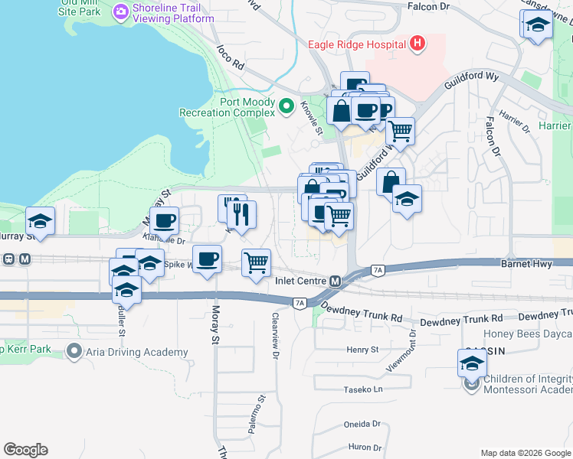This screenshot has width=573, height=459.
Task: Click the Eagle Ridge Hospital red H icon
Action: pos(417,44)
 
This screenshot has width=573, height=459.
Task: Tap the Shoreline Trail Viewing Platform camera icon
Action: pos(120,12)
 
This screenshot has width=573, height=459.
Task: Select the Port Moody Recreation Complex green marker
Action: pos(287,106)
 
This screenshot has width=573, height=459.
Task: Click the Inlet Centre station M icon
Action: pos(335,281)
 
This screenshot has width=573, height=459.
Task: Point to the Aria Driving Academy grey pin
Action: pos(74,352)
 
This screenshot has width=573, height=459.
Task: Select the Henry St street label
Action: pos(362,350)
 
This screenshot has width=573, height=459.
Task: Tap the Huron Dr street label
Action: pos(365,448)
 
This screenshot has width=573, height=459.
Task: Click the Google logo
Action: pos(25,450)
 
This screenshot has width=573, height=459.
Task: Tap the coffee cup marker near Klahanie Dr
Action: pos(164,222)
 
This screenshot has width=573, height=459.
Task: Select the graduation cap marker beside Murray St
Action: pos(40,222)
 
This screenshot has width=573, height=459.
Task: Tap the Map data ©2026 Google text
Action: pos(525,453)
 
